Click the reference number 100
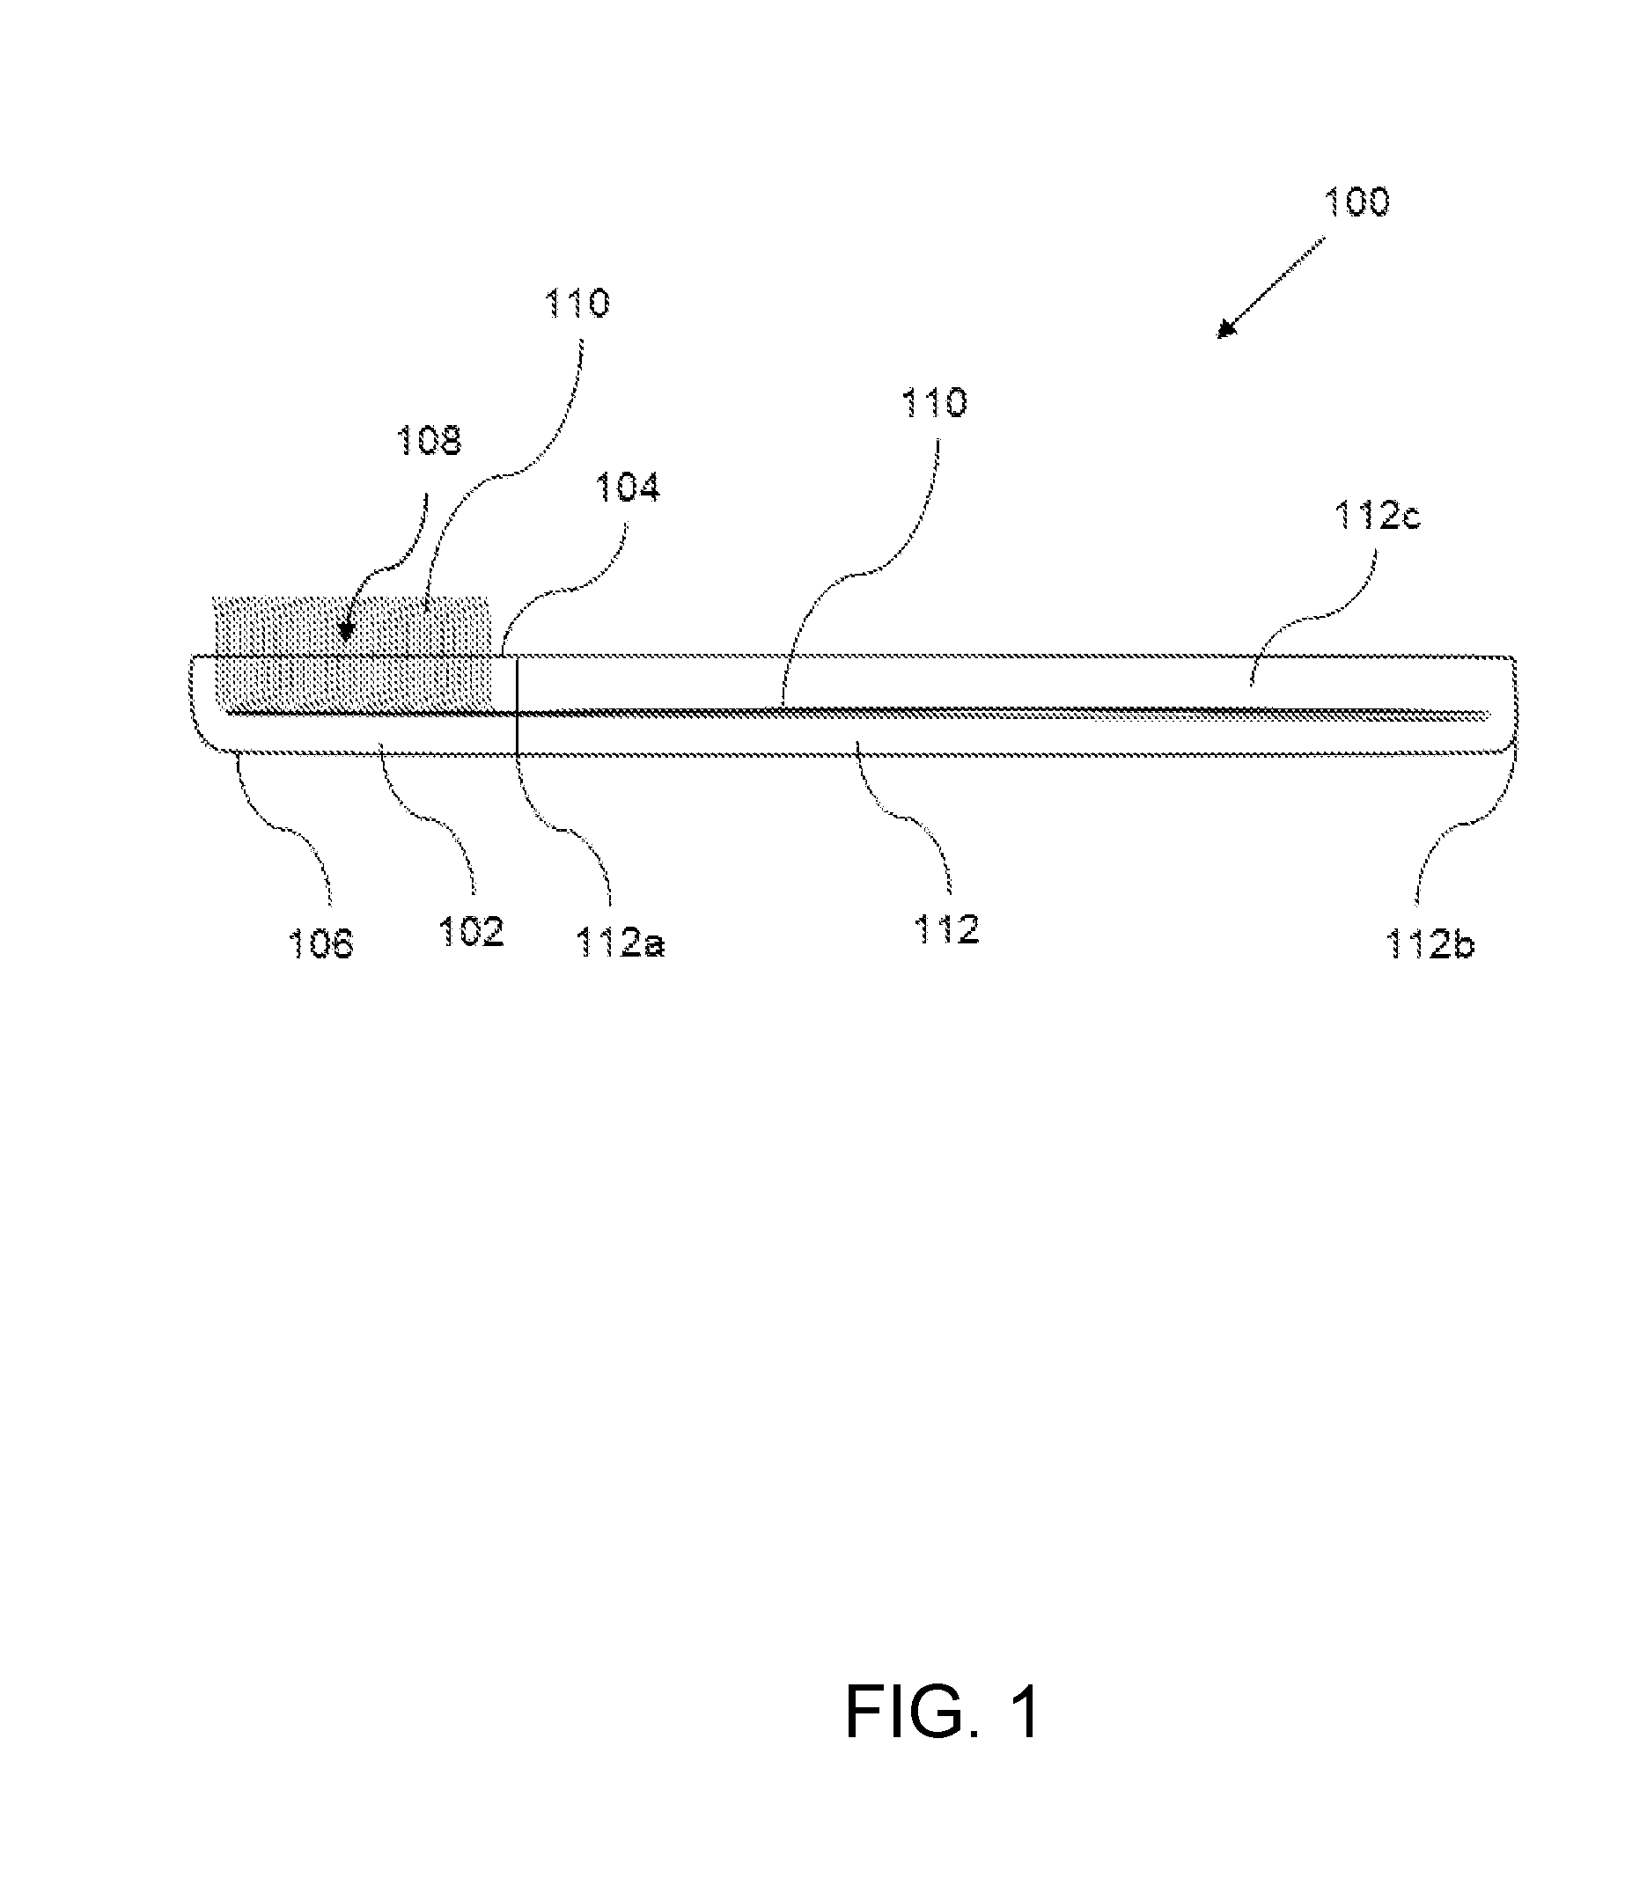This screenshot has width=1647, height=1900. click(x=1356, y=202)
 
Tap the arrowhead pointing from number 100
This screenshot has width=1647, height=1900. click(x=1227, y=329)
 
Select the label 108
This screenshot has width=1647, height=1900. click(x=429, y=442)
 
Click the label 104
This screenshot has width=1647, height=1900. click(x=628, y=488)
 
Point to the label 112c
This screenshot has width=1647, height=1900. click(x=1377, y=517)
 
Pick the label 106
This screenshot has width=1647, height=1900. click(x=320, y=943)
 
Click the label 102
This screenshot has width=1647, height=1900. click(x=472, y=933)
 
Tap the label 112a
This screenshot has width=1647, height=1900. click(x=621, y=943)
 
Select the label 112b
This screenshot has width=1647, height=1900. click(x=1430, y=944)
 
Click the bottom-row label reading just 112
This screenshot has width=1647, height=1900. click(x=946, y=931)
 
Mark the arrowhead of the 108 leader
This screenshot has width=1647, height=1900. click(x=346, y=632)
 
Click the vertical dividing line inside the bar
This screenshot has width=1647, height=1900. click(x=518, y=706)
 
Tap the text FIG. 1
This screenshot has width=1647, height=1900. click(x=943, y=1713)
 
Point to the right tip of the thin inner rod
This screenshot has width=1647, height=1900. click(x=1488, y=715)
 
